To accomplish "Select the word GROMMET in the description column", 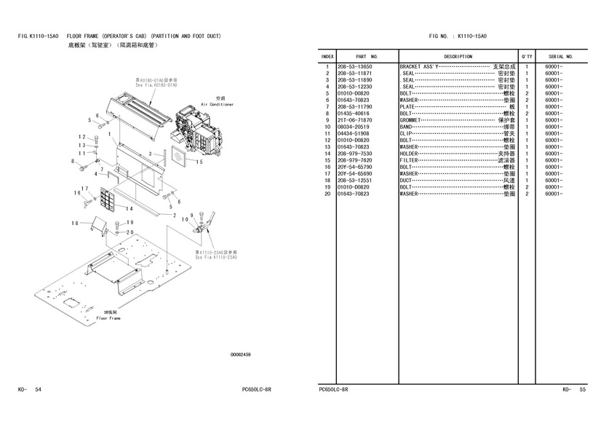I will coord(413,120).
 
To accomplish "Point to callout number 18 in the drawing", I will coord(75,223).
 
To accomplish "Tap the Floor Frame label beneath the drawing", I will coord(107,318).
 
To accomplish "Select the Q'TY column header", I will coord(526,56).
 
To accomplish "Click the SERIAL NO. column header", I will coord(561,56).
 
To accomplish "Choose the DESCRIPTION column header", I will coord(458,56).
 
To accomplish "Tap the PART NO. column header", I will coord(367,56).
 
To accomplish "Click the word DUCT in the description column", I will coord(407,181).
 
